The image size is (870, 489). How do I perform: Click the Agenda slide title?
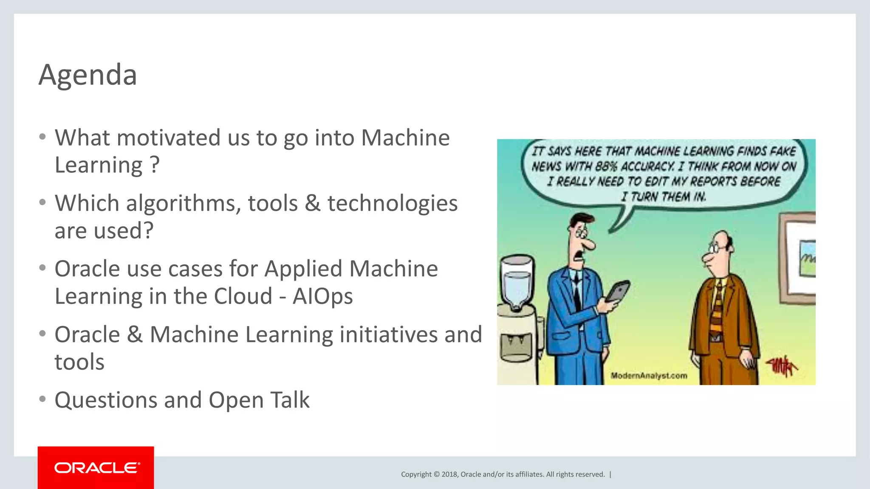(88, 75)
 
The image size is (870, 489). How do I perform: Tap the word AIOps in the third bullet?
(322, 296)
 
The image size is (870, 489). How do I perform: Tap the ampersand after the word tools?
(312, 203)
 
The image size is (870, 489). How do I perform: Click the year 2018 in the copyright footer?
(449, 475)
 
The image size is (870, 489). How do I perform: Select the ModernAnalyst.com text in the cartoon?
(649, 376)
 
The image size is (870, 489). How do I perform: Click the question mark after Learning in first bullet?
(155, 165)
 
